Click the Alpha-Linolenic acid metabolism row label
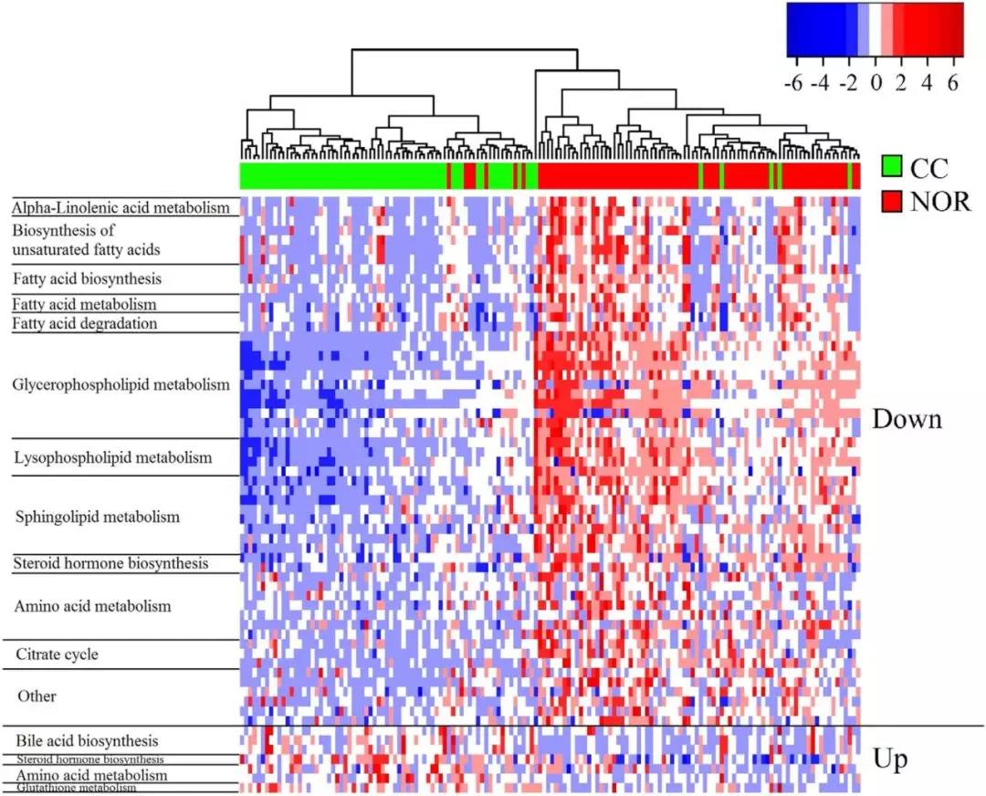pyautogui.click(x=120, y=208)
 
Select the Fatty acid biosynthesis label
pyautogui.click(x=87, y=278)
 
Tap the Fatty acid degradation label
pyautogui.click(x=84, y=323)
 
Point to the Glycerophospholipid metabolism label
pyautogui.click(x=121, y=384)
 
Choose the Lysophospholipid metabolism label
pyautogui.click(x=112, y=456)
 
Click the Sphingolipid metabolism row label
pyautogui.click(x=98, y=517)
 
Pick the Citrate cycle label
pyautogui.click(x=57, y=655)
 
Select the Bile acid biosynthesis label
pyautogui.click(x=88, y=739)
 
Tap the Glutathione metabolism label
pyautogui.click(x=74, y=787)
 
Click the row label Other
pyautogui.click(x=37, y=696)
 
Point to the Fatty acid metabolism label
pyautogui.click(x=84, y=303)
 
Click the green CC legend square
pyautogui.click(x=892, y=167)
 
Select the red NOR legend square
pyautogui.click(x=892, y=200)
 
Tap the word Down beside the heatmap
pyautogui.click(x=907, y=419)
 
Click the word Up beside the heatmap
pyautogui.click(x=890, y=759)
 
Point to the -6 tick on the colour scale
pyautogui.click(x=793, y=83)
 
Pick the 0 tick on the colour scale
pyautogui.click(x=876, y=83)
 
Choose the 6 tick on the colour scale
pyautogui.click(x=954, y=83)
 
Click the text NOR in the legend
pyautogui.click(x=940, y=201)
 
